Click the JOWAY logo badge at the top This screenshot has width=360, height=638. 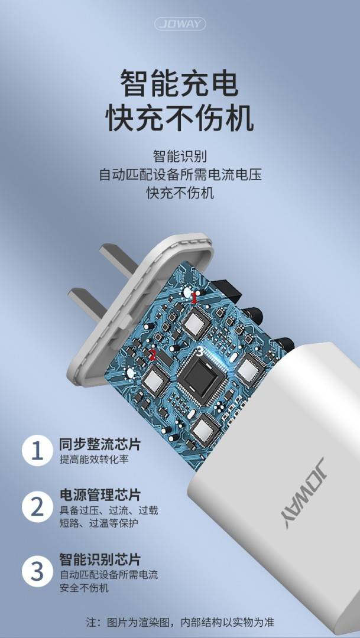180,24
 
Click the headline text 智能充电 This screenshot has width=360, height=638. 180,83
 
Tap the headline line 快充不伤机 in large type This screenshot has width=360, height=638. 180,118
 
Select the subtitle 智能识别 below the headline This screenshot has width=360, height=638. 180,156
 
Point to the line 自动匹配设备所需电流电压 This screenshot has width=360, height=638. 180,174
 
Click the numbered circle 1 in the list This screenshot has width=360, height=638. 37,451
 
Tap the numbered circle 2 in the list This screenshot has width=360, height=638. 37,507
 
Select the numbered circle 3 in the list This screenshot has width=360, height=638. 37,571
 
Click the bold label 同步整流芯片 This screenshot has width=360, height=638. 100,444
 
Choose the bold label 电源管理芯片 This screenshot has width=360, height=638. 100,495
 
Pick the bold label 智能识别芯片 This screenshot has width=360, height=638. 100,559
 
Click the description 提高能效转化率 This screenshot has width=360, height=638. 94,460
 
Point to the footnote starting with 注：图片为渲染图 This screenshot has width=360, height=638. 180,622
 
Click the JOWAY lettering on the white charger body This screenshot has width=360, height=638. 304,492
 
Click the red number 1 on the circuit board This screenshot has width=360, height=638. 194,299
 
